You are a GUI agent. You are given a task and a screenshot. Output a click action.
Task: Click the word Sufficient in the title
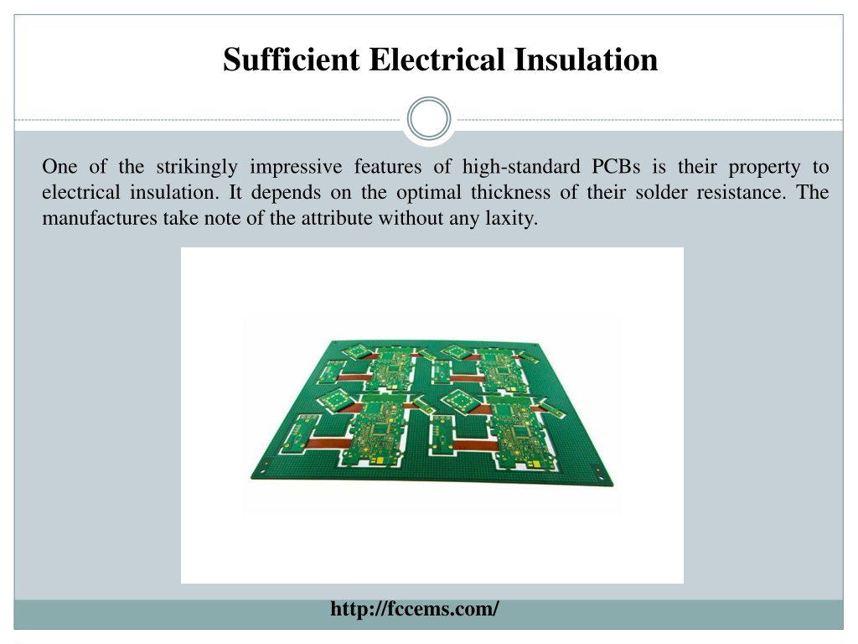pyautogui.click(x=291, y=60)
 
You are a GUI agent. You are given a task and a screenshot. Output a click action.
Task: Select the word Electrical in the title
pyautogui.click(x=437, y=60)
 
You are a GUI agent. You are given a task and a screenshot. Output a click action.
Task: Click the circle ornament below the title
pyautogui.click(x=429, y=119)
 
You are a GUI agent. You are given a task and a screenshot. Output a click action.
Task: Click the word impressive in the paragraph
pyautogui.click(x=296, y=167)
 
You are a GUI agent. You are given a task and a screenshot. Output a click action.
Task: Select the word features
pyautogui.click(x=388, y=167)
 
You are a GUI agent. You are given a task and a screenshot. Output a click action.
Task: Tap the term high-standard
pyautogui.click(x=521, y=167)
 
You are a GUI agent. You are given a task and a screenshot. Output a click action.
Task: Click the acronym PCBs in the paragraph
pyautogui.click(x=616, y=167)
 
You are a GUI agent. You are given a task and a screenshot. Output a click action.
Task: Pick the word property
pyautogui.click(x=764, y=168)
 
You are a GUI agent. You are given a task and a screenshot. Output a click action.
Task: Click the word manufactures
pyautogui.click(x=100, y=219)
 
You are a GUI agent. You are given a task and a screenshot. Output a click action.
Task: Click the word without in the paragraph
pyautogui.click(x=411, y=219)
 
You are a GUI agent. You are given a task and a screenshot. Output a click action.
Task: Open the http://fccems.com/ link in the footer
pyautogui.click(x=415, y=609)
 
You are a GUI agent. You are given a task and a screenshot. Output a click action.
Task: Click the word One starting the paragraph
pyautogui.click(x=59, y=167)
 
